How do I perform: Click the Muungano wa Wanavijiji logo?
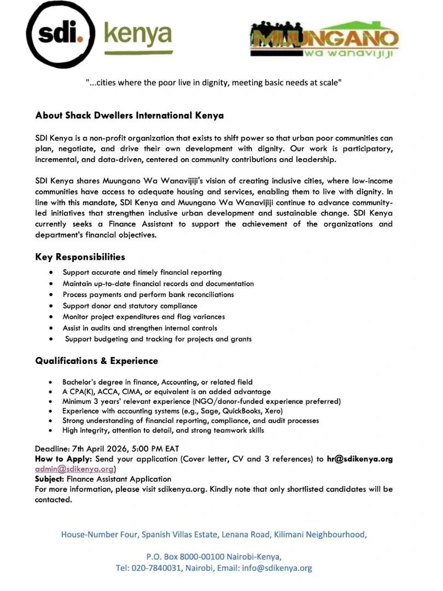point(324,41)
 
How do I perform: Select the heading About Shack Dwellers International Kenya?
point(129,115)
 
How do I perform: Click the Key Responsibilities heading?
point(80,257)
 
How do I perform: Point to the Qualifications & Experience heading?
point(96,361)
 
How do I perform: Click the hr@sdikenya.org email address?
point(359,459)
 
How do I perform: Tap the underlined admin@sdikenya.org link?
point(74,469)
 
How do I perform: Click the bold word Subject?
point(49,479)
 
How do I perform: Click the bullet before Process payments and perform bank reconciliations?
point(51,294)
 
